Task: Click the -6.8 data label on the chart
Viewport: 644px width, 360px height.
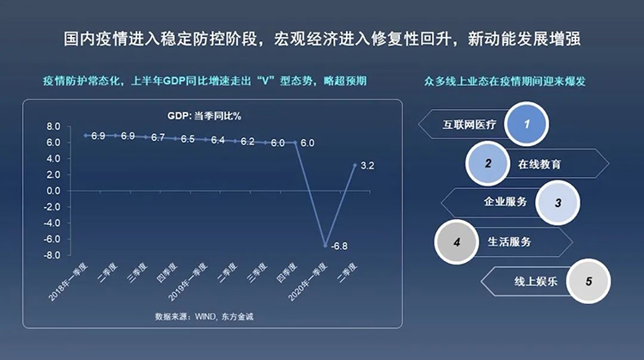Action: click(x=340, y=246)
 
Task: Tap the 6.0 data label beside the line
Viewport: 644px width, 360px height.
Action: click(x=307, y=143)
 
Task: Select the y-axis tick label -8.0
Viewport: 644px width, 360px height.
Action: click(x=52, y=255)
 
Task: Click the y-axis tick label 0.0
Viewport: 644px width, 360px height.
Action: click(x=52, y=191)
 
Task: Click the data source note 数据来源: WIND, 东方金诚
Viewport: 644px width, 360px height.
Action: click(x=204, y=317)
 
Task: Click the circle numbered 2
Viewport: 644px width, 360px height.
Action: click(x=488, y=163)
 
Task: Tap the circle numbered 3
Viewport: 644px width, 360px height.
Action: click(x=558, y=204)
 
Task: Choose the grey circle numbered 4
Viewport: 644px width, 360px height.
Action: click(x=458, y=242)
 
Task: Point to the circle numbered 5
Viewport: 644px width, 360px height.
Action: click(x=588, y=281)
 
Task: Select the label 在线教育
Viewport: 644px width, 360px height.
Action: click(x=542, y=163)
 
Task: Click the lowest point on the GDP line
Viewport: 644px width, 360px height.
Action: click(x=325, y=246)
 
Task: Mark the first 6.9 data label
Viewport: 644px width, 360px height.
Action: click(x=98, y=136)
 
